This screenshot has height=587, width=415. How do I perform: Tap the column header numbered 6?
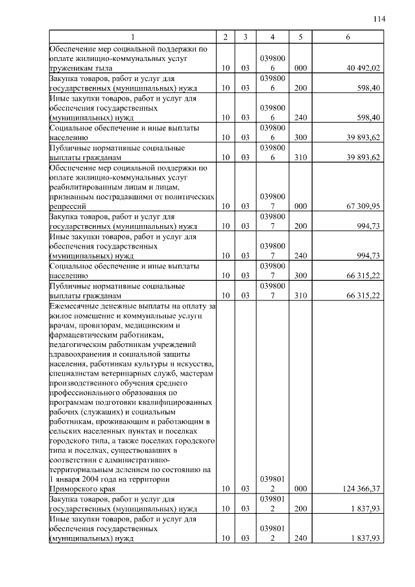pyautogui.click(x=348, y=37)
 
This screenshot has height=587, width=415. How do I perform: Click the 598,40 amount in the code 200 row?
pyautogui.click(x=368, y=87)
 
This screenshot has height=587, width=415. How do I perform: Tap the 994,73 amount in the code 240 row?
pyautogui.click(x=368, y=256)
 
